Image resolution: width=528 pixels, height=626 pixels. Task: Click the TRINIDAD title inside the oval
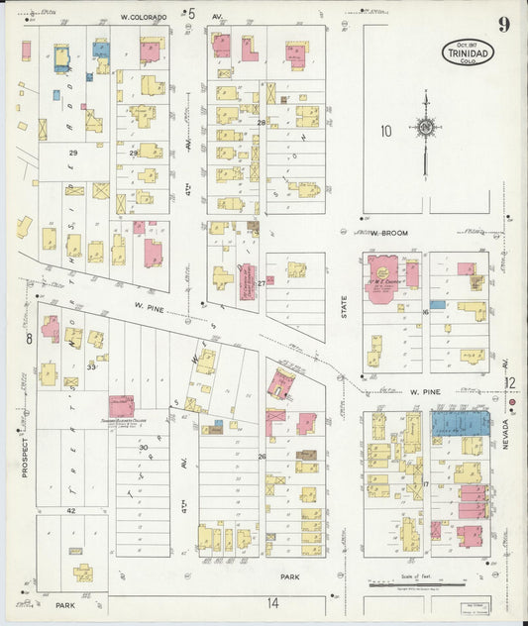click(467, 52)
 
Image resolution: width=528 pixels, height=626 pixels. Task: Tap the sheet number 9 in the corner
click(504, 25)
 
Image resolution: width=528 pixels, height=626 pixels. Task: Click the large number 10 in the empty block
click(385, 130)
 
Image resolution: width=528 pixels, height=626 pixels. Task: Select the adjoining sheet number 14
click(271, 601)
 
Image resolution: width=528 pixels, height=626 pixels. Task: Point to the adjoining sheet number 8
click(30, 340)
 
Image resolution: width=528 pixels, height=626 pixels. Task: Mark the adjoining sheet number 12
click(509, 382)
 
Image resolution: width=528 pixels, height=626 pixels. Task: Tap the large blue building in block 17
click(460, 423)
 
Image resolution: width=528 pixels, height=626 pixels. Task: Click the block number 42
click(71, 510)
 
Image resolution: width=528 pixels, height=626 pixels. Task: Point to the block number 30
click(143, 447)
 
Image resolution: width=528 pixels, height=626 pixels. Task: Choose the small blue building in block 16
click(437, 304)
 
